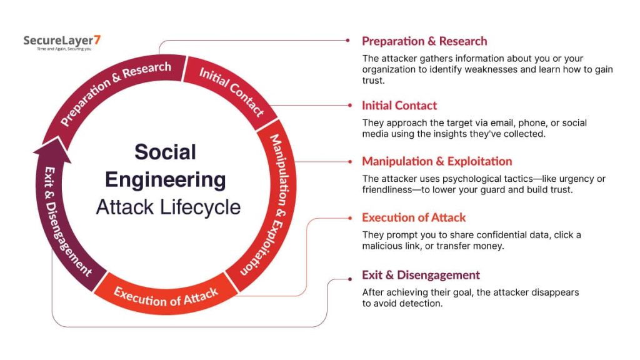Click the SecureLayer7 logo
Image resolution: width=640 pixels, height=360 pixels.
[62, 42]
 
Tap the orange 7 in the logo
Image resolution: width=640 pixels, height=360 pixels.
[97, 40]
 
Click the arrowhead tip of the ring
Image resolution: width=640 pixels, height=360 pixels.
[56, 137]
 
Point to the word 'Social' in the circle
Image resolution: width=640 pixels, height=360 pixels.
[165, 152]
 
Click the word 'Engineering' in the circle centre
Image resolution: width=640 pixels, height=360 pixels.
[165, 180]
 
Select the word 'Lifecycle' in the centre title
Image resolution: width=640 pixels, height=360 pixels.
[200, 207]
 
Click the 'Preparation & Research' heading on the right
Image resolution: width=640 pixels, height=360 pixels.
[424, 41]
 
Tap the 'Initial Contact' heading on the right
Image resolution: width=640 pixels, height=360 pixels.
[399, 106]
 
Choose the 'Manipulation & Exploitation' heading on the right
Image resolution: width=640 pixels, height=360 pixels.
[437, 162]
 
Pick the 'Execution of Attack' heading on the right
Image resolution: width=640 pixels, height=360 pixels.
[414, 217]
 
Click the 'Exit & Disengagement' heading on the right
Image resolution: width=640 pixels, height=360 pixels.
[421, 275]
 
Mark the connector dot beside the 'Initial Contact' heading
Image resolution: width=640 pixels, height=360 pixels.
[350, 105]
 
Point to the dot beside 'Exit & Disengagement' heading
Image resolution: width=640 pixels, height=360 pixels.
[350, 279]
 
